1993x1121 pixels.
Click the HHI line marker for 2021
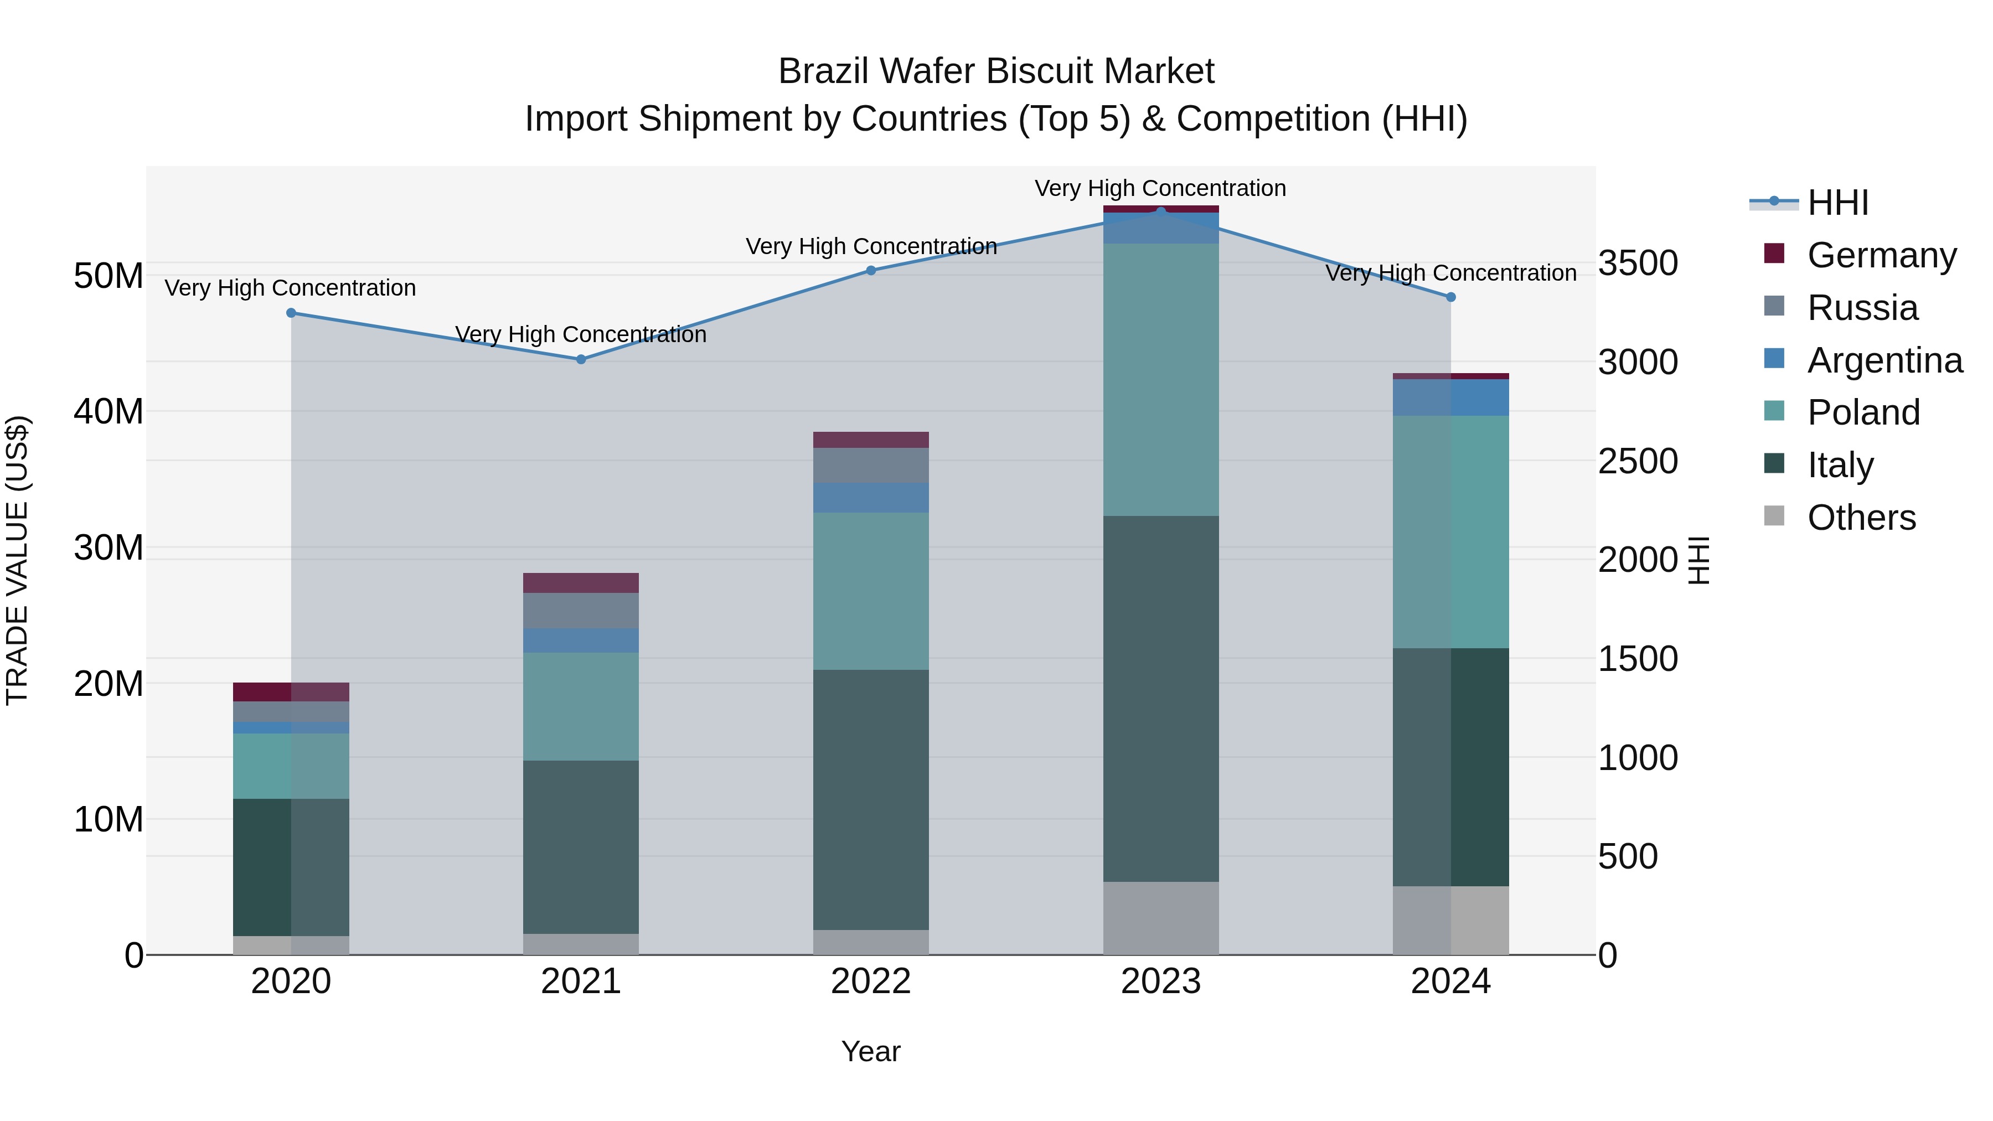coord(581,359)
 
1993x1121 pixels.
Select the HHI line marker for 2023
coord(1160,211)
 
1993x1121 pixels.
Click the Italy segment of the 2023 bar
coord(1160,698)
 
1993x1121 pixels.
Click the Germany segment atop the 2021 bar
coord(581,582)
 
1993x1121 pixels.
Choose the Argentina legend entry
coord(1884,360)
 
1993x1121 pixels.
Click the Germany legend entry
coord(1882,255)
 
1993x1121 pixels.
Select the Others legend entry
coord(1861,518)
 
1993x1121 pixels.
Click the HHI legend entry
coord(1837,203)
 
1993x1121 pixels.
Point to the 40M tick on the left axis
coord(109,411)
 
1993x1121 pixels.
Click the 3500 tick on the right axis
coord(1638,263)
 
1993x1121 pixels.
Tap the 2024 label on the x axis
coord(1450,981)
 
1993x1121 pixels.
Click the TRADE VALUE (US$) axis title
coord(17,560)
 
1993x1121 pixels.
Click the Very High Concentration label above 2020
coord(290,288)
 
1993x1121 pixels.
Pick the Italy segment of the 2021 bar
coord(581,846)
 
